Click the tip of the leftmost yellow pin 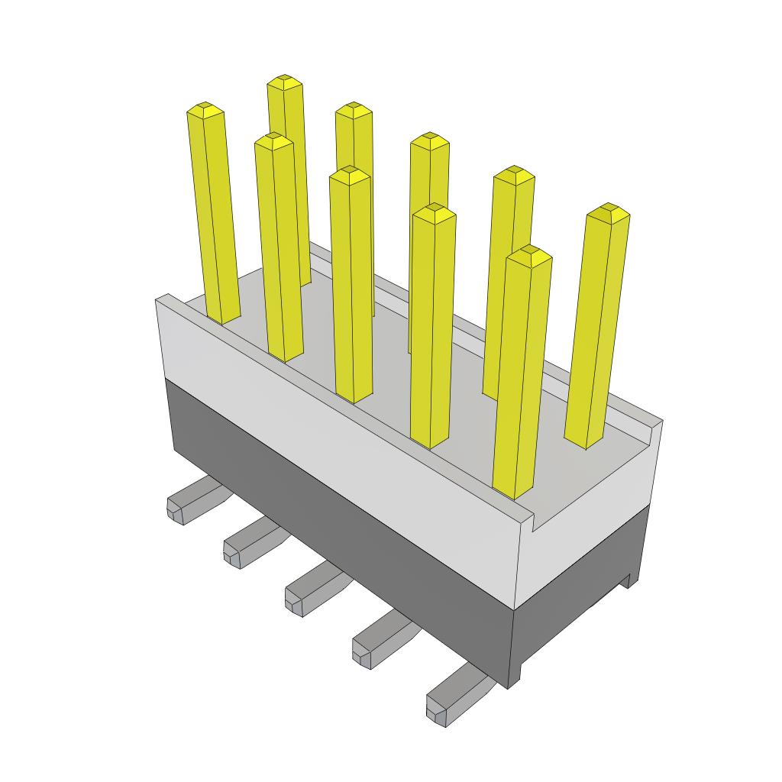point(205,109)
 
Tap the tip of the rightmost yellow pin point(608,211)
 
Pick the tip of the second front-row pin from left point(273,140)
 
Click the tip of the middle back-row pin point(429,140)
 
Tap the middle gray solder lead point(309,591)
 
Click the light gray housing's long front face point(336,428)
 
